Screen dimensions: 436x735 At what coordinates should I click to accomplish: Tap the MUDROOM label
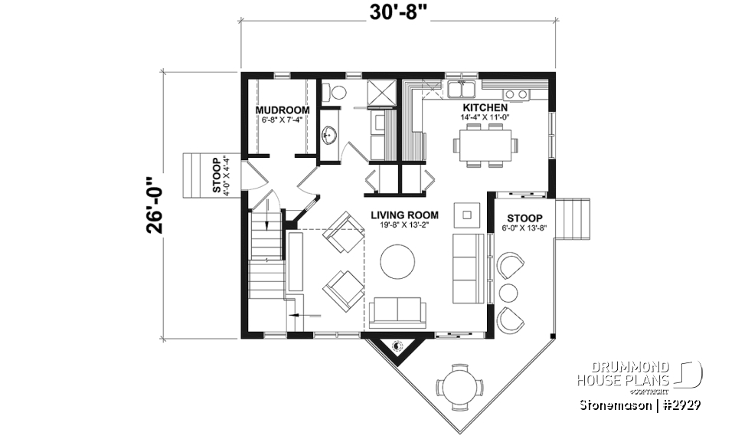[283, 110]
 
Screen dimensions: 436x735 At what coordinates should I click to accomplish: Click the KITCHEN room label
[484, 108]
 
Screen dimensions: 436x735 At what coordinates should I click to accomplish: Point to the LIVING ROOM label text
[405, 215]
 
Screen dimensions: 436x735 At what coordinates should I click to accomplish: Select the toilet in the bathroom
[334, 92]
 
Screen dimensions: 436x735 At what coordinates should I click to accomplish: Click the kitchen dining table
[483, 144]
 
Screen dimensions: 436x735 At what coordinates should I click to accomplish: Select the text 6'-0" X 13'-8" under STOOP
[524, 228]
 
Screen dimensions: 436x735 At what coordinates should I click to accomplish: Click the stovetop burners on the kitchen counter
[516, 93]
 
